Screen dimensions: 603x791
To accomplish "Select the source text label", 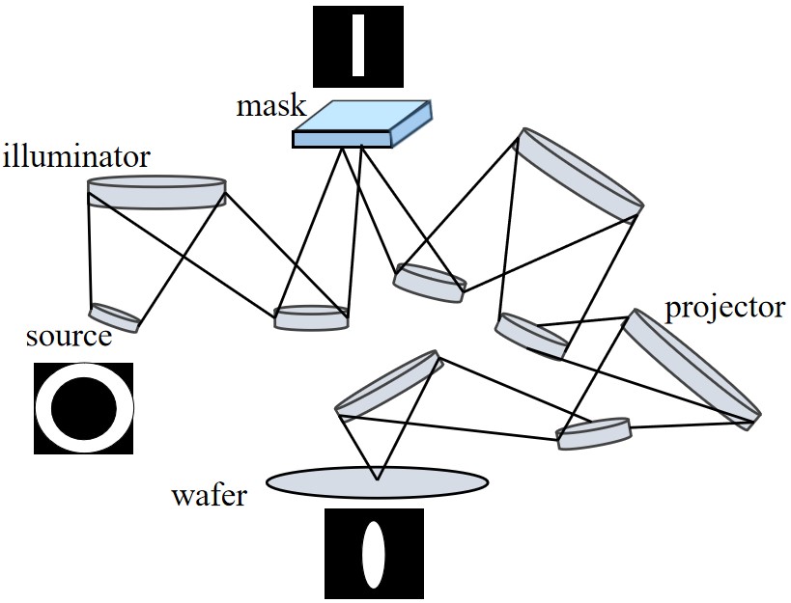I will point(68,338).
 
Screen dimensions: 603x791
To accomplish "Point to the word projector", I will point(724,308).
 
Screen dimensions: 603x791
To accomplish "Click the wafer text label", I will point(210,497).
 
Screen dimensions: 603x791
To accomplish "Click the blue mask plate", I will point(360,124).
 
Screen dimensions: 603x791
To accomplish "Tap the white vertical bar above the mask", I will point(358,43).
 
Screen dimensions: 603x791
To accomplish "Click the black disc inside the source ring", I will point(84,408).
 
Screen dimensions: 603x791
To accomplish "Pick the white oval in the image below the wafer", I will point(374,554).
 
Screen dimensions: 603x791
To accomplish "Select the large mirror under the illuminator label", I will point(156,191).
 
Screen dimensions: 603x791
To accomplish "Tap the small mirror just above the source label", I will point(114,317).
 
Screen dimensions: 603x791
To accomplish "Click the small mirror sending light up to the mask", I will point(311,317).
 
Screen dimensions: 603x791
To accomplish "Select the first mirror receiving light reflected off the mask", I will point(429,279).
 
